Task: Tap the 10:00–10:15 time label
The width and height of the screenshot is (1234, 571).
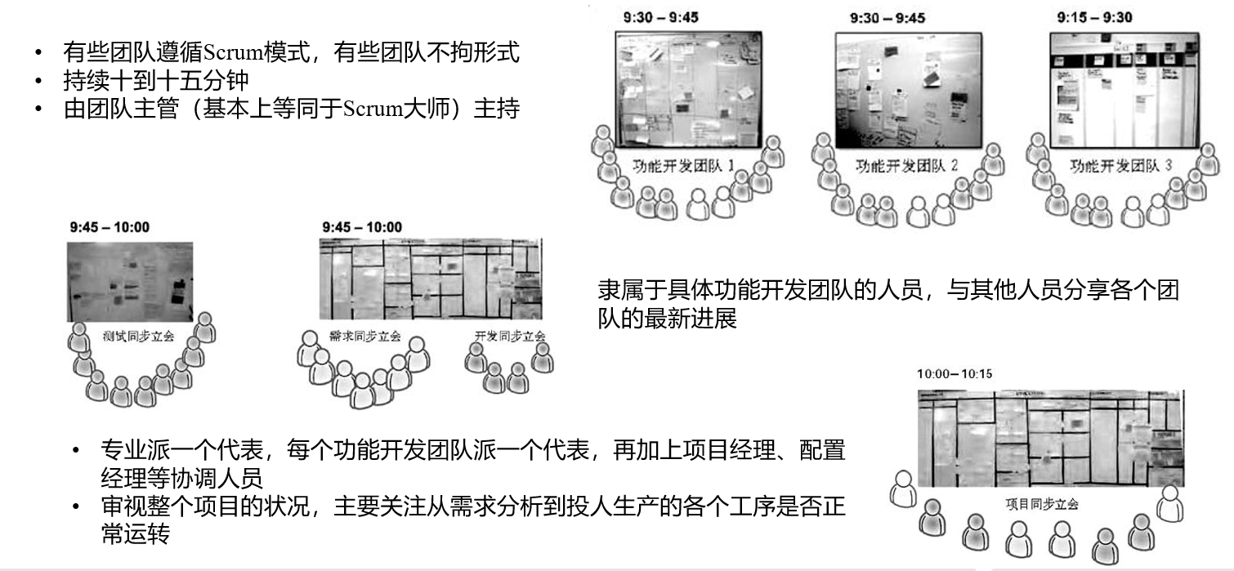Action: [x=954, y=373]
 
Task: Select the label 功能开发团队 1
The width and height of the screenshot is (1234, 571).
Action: [x=684, y=167]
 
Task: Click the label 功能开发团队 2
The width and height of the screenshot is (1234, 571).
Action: [x=906, y=167]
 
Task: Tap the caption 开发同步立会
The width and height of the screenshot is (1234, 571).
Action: [x=509, y=337]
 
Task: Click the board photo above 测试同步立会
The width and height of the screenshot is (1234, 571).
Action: [x=131, y=281]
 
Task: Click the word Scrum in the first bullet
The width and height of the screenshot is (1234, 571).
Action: [x=230, y=53]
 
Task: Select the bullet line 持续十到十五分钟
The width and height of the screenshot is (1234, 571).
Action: [x=155, y=81]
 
